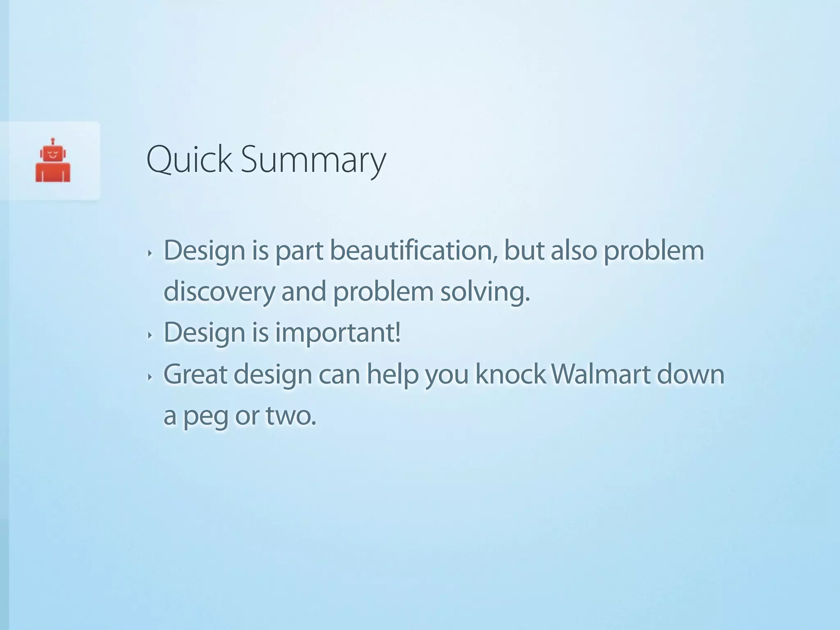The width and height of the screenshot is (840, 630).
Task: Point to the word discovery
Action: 219,292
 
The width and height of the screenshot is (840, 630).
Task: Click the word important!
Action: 338,333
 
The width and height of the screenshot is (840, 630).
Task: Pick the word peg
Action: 205,417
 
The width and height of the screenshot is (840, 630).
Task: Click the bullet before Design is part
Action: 150,253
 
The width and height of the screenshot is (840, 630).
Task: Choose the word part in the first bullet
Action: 299,251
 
